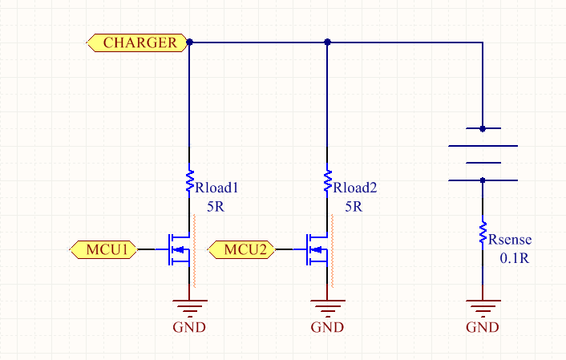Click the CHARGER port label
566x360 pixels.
point(137,42)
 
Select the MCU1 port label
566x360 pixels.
point(104,249)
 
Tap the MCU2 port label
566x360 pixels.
point(242,249)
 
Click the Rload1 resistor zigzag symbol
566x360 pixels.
point(189,181)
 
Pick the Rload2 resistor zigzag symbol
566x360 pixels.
point(327,181)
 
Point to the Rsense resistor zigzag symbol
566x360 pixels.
point(483,233)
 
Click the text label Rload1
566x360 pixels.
point(216,188)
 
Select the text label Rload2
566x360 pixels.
point(355,188)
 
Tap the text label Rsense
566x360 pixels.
point(510,240)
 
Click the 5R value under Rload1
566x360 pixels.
point(216,207)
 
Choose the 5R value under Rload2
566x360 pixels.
point(354,207)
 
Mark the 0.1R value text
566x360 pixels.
point(515,258)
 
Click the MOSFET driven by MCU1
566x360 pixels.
point(179,249)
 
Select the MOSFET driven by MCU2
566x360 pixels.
point(317,249)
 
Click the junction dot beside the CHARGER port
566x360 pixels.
point(189,42)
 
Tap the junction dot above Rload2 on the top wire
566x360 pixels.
point(327,42)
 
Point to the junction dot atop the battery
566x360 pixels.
point(483,128)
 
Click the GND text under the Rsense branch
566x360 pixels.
point(483,327)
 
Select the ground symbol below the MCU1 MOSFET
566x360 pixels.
point(189,308)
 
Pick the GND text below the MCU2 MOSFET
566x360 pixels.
point(327,327)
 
